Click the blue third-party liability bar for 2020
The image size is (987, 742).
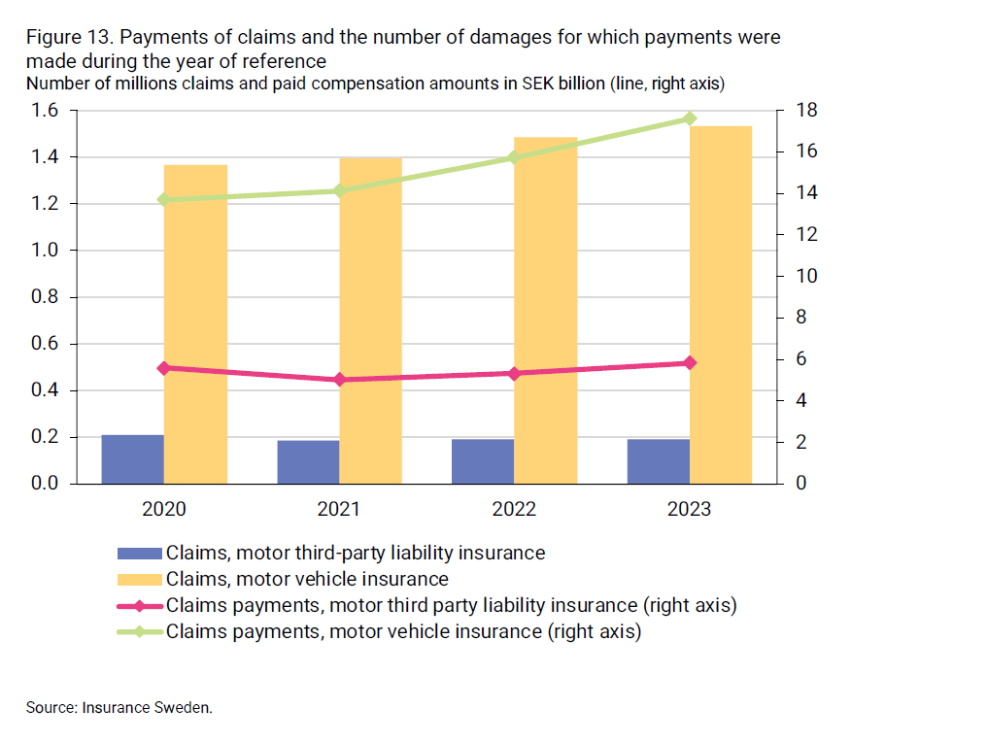pyautogui.click(x=132, y=459)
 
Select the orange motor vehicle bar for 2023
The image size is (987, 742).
pyautogui.click(x=721, y=306)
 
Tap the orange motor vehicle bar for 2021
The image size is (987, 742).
pyautogui.click(x=370, y=320)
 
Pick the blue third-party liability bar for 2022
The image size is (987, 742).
pyautogui.click(x=483, y=461)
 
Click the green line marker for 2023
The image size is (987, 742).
pyautogui.click(x=690, y=118)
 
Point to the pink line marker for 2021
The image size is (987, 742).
pyautogui.click(x=339, y=380)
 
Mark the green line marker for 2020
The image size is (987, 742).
pyautogui.click(x=163, y=199)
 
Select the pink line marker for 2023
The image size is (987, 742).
pyautogui.click(x=690, y=363)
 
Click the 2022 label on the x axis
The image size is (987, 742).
pyautogui.click(x=514, y=509)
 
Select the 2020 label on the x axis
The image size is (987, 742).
pyautogui.click(x=163, y=509)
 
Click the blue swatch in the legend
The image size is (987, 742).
pyautogui.click(x=139, y=554)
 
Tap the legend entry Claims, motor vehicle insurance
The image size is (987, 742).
pyautogui.click(x=307, y=580)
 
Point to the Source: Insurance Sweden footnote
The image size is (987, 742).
pyautogui.click(x=119, y=707)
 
